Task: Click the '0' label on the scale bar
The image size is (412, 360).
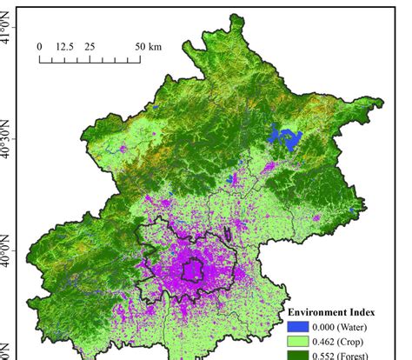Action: (40, 46)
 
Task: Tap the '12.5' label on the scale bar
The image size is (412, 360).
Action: (64, 46)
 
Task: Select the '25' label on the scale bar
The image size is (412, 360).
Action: (90, 46)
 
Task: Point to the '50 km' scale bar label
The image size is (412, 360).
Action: (149, 46)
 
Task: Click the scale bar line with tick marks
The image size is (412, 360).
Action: (90, 60)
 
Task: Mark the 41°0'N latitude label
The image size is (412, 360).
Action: (10, 33)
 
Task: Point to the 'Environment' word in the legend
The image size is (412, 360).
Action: (320, 312)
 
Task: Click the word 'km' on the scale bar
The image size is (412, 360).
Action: (155, 46)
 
